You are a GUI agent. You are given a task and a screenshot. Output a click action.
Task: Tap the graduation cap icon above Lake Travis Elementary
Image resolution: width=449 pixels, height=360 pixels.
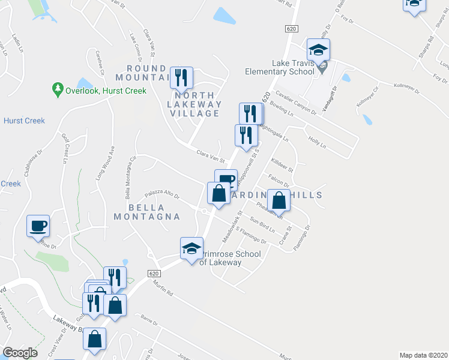point(319,50)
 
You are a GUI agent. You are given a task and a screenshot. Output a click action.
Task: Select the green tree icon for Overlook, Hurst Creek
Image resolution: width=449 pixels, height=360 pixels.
point(58,89)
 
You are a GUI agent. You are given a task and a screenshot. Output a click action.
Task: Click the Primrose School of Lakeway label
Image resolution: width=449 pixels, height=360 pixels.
point(231,258)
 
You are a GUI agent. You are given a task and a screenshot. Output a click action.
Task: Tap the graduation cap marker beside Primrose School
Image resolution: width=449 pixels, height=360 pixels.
point(191,248)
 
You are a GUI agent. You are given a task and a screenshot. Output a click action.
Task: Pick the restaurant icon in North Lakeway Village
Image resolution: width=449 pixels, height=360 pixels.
point(181,78)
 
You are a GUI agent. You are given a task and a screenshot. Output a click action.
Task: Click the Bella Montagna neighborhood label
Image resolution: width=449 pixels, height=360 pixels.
point(154,212)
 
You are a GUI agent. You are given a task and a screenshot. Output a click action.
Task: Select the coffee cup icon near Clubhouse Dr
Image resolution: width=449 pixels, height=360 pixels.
point(38,226)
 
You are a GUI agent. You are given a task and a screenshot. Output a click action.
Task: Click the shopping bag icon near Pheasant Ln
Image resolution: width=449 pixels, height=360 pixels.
point(279,200)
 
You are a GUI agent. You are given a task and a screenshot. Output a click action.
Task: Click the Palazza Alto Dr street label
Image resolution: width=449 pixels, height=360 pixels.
point(161,194)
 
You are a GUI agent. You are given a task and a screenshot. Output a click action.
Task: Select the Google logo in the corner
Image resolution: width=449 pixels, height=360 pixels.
point(20,353)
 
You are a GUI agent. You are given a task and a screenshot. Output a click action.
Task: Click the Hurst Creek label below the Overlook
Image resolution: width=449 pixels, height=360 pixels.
point(24,121)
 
